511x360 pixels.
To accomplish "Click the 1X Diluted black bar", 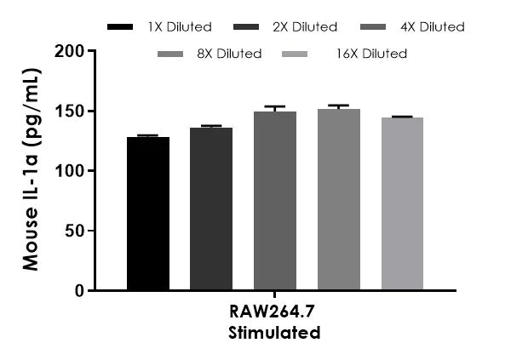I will [148, 214].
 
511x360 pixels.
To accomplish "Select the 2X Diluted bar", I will [211, 209].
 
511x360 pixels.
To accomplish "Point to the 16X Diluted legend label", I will [371, 54].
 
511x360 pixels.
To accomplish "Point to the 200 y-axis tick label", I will [72, 51].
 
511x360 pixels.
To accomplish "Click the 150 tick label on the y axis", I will [72, 111].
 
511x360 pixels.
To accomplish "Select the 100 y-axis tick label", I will [72, 171].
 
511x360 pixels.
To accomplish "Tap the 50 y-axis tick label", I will [76, 231].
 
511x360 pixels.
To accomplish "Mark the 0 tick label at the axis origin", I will [80, 291].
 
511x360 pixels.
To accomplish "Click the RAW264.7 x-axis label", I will [274, 314].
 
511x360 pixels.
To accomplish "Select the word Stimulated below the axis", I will [274, 333].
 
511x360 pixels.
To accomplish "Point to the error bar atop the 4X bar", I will [275, 108].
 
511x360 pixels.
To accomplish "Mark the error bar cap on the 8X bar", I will [339, 106].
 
